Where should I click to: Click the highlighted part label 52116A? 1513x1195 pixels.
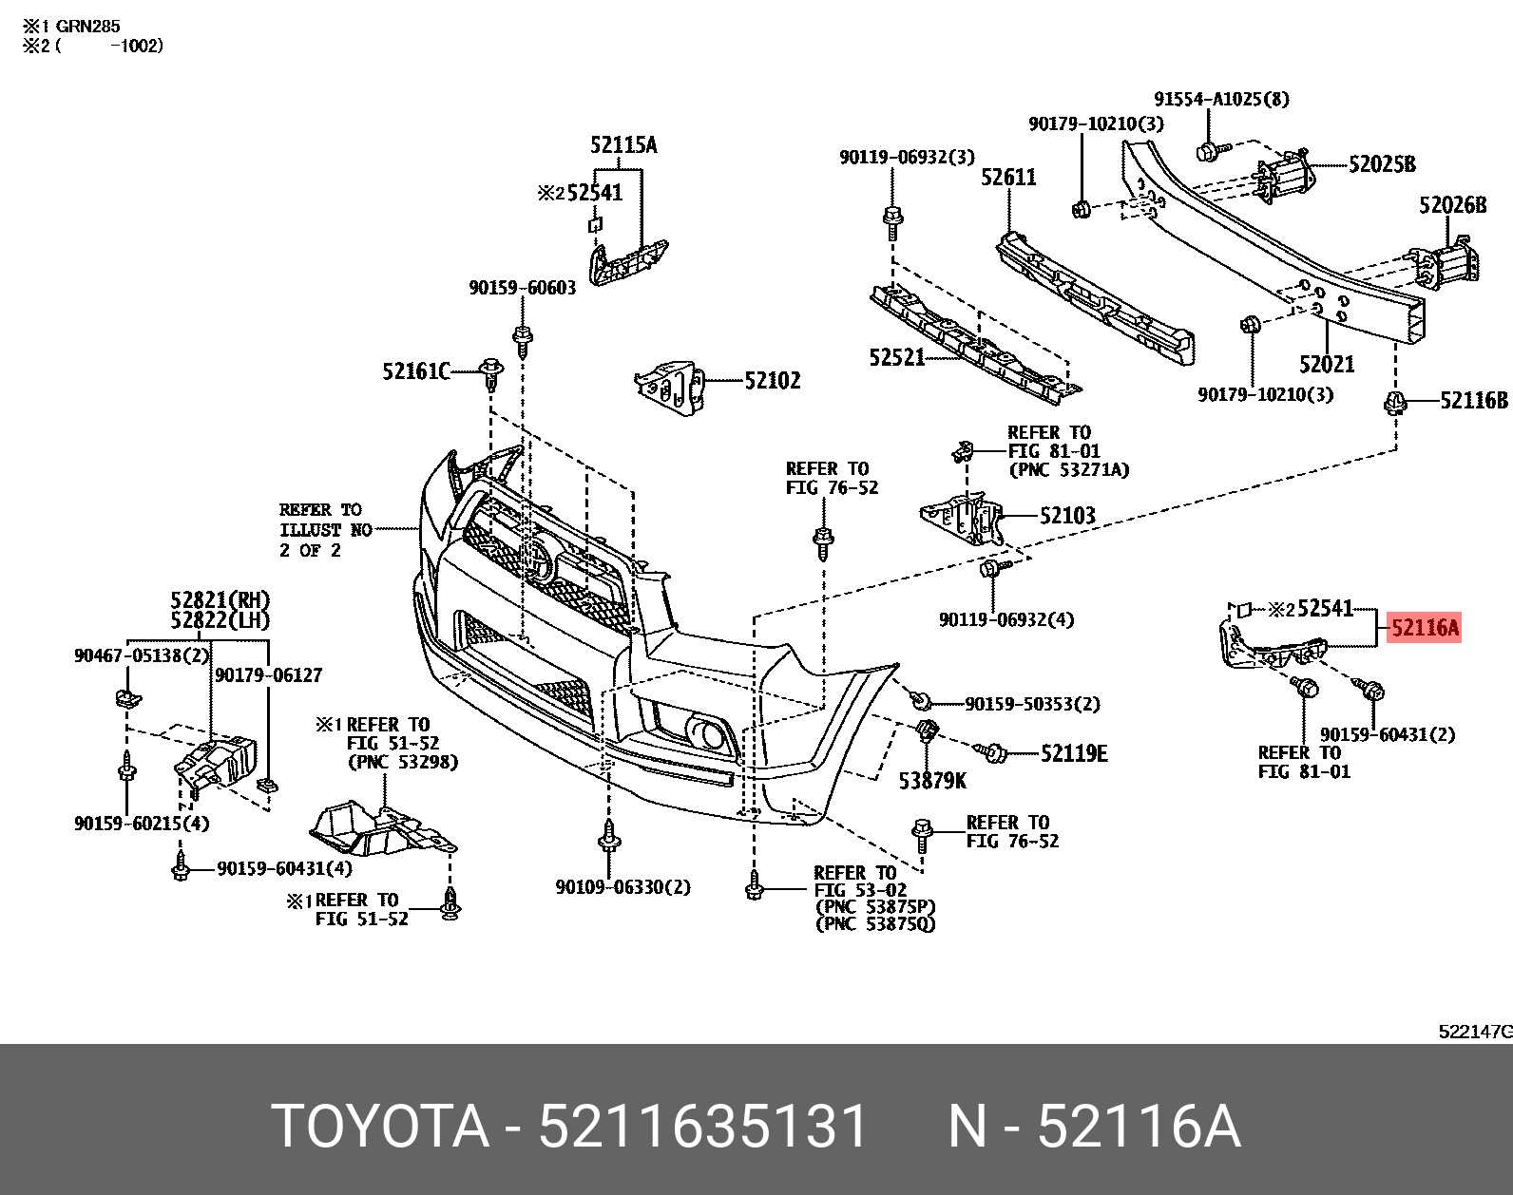[x=1424, y=628]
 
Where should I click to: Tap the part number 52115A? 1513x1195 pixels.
[x=622, y=145]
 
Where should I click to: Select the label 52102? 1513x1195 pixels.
[x=772, y=381]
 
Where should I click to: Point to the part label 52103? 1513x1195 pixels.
[x=1066, y=516]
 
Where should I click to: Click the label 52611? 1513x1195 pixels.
[x=1008, y=178]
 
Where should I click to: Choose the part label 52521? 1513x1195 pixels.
[x=896, y=357]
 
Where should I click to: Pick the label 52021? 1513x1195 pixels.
[x=1327, y=364]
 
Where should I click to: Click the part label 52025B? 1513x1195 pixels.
[x=1381, y=164]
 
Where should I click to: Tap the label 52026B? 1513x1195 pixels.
[x=1452, y=205]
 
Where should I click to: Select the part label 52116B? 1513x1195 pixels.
[x=1473, y=401]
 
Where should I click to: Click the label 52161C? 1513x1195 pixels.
[x=415, y=371]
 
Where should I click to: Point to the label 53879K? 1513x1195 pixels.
[x=932, y=781]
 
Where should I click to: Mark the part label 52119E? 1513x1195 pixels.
[x=1074, y=754]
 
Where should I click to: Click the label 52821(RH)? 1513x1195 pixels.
[x=220, y=600]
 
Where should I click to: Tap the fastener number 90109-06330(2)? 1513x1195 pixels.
[x=622, y=887]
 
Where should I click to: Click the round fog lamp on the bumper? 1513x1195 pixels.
[x=707, y=733]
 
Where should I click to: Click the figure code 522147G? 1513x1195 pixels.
[x=1474, y=1032]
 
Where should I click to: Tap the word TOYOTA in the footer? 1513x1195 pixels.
[x=379, y=1128]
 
